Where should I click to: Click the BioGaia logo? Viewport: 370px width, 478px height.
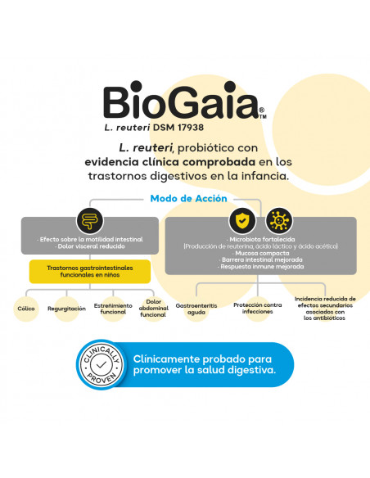[185, 100]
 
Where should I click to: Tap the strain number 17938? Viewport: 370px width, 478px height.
[190, 128]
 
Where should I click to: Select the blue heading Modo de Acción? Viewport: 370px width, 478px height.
[188, 198]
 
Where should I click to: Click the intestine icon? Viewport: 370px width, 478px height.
[90, 220]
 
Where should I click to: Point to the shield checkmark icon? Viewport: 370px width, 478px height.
[242, 220]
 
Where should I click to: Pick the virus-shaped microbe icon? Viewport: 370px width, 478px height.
[279, 220]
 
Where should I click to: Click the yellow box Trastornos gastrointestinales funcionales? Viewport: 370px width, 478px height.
[90, 271]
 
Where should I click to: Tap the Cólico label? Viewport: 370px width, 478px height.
[26, 309]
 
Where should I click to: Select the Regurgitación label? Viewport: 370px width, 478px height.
[66, 309]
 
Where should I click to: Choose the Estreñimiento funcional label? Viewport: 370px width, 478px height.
[113, 309]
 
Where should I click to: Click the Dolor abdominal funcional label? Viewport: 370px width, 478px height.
[154, 308]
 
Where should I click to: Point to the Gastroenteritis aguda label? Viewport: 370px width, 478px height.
[196, 309]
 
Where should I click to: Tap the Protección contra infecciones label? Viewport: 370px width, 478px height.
[258, 309]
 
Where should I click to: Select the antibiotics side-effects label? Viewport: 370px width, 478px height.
[325, 309]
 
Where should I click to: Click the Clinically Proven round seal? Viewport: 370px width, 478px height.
[102, 364]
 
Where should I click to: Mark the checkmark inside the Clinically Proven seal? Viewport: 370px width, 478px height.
[102, 364]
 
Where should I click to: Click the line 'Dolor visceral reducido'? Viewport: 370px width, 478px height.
[90, 246]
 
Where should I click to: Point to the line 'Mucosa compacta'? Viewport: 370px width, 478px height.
[261, 253]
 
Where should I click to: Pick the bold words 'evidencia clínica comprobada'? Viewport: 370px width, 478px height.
[169, 162]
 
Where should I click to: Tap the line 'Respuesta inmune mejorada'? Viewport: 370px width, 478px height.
[261, 267]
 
